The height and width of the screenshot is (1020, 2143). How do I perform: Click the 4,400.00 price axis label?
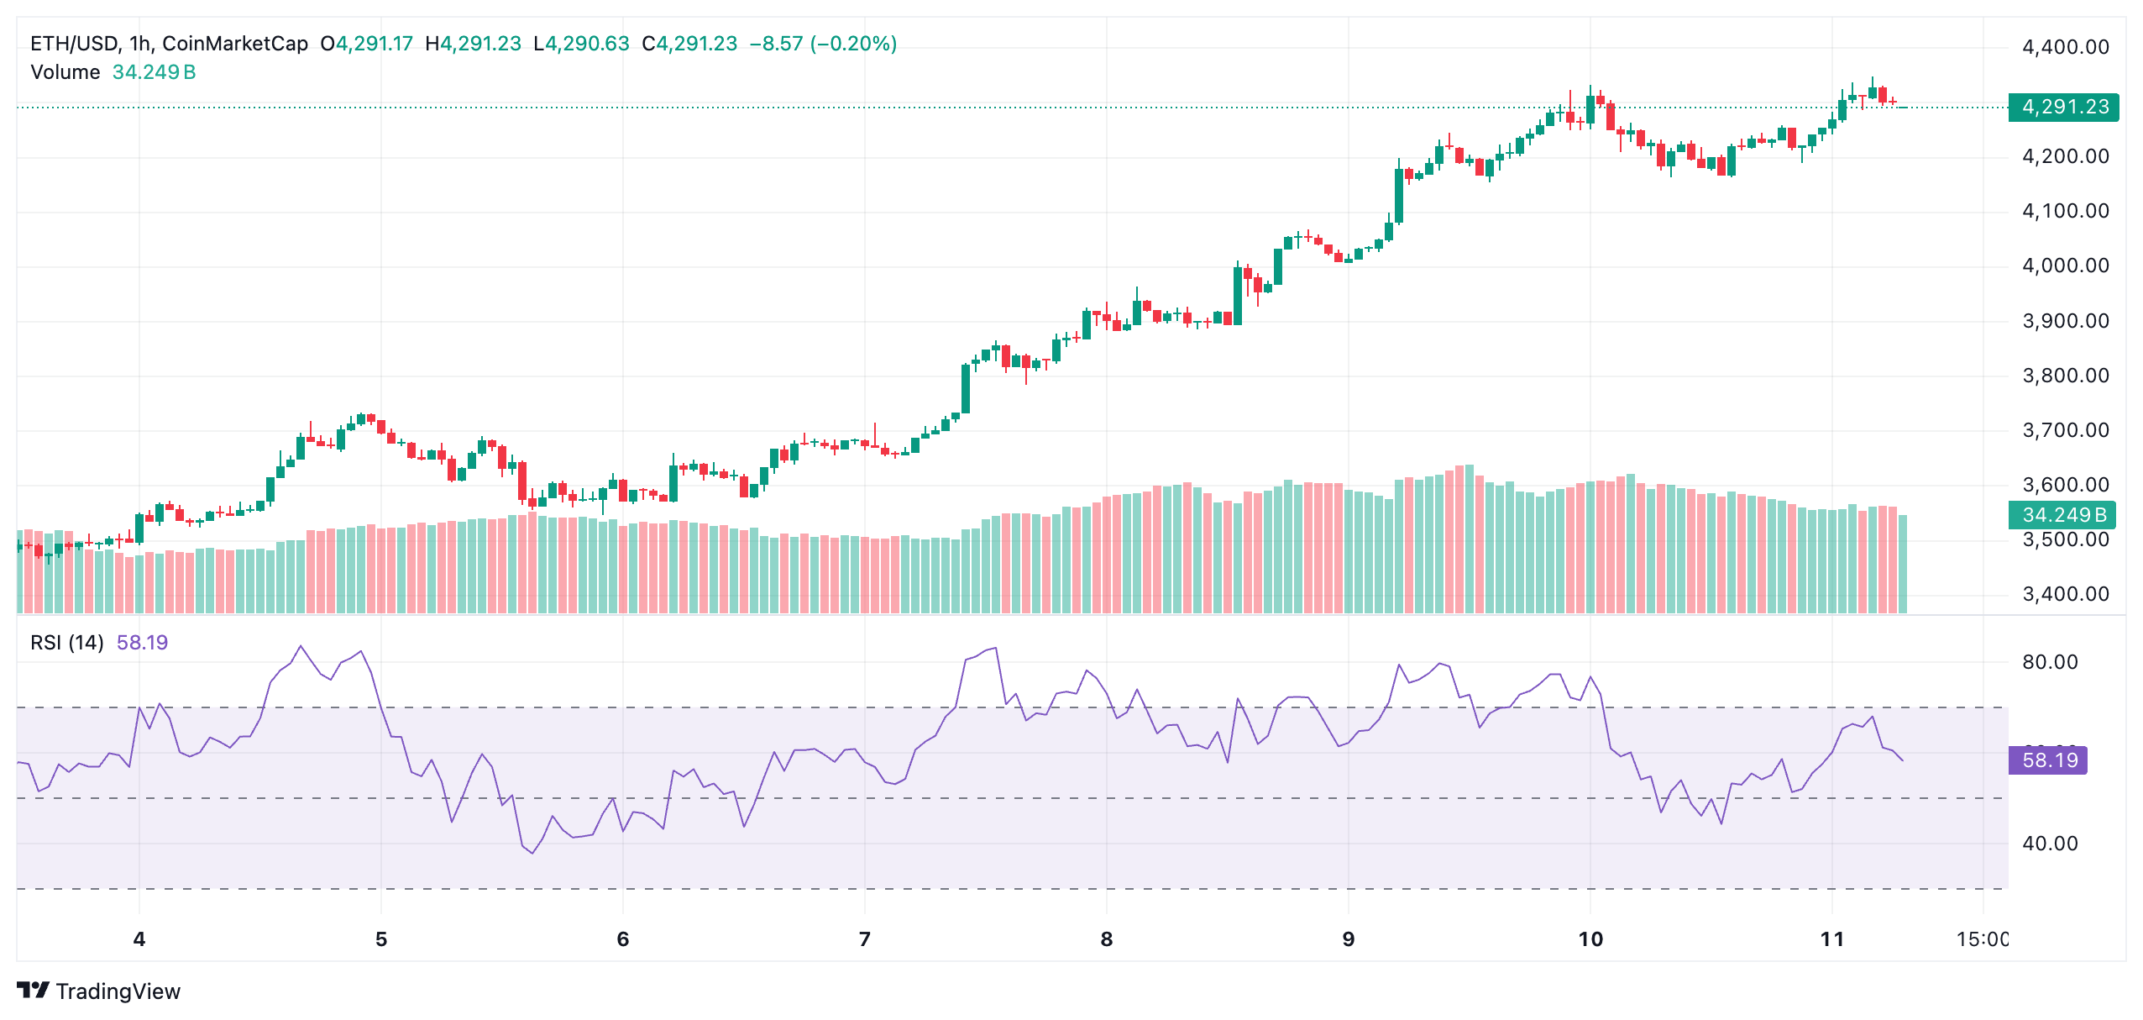coord(2065,47)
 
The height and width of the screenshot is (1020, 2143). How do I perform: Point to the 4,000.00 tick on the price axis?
coord(2065,266)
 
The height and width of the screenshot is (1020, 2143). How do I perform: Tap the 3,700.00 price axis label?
coord(2065,430)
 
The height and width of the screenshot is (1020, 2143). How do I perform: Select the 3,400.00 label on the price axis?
coord(2065,594)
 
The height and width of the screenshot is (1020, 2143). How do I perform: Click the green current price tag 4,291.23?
coord(2063,107)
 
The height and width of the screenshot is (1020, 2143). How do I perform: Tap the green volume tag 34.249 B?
coord(2062,514)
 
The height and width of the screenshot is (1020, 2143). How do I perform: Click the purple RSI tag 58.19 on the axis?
coord(2048,760)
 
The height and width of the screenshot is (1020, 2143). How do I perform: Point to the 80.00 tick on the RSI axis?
coord(2049,662)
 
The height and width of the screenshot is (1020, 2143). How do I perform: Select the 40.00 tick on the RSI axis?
coord(2049,844)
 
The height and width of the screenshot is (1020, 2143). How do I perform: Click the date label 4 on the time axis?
coord(139,939)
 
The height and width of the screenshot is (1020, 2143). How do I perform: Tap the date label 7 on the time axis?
coord(864,939)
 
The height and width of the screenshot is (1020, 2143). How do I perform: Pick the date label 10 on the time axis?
coord(1590,939)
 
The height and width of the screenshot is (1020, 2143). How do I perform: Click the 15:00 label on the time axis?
coord(1981,939)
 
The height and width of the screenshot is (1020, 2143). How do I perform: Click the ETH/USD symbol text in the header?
coord(74,44)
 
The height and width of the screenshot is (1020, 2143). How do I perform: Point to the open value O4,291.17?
coord(366,44)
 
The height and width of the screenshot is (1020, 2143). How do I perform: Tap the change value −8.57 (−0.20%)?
coord(822,44)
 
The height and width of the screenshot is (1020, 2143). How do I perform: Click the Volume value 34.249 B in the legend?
coord(154,72)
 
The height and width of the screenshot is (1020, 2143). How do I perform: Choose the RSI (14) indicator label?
coord(67,643)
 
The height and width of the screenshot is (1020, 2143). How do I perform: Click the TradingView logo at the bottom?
coord(98,991)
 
